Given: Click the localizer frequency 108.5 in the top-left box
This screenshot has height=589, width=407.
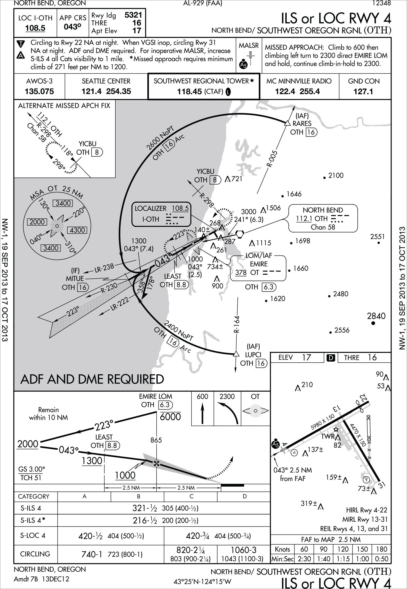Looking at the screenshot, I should [x=35, y=28].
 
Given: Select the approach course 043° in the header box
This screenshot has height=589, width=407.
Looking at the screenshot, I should [x=73, y=27].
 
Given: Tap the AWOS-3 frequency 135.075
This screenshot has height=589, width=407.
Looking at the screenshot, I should [x=39, y=91].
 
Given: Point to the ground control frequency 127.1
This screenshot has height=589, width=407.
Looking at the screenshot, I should [x=363, y=92].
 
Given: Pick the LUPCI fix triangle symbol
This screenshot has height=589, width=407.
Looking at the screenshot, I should [x=235, y=354].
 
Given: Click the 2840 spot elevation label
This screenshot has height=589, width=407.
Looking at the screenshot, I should [x=376, y=316].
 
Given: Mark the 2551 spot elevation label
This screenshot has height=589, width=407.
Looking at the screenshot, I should [x=377, y=237].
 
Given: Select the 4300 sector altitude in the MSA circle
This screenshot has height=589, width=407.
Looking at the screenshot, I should [x=77, y=230].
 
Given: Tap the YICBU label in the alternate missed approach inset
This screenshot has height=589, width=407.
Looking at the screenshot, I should [x=87, y=144].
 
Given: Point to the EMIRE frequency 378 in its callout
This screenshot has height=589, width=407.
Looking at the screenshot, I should [x=241, y=273].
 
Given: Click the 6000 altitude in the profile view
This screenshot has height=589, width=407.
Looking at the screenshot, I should [x=170, y=417].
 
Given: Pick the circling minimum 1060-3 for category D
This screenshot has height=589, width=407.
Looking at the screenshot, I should [x=244, y=550].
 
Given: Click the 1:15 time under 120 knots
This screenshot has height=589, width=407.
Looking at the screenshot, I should [x=343, y=559].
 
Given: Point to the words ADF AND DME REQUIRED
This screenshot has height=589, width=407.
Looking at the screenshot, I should [x=92, y=379].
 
